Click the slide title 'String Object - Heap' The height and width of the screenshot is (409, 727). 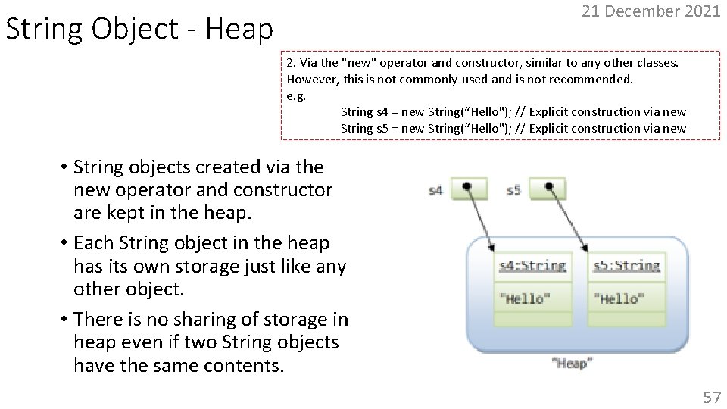[x=139, y=30]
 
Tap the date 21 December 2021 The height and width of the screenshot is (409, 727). [x=651, y=11]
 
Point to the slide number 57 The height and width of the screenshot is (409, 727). [x=711, y=396]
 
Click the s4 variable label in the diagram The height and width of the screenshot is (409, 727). [x=435, y=190]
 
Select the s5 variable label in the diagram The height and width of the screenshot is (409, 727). [x=514, y=190]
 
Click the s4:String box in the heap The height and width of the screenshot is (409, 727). [x=532, y=266]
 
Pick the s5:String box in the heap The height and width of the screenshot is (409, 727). [x=626, y=266]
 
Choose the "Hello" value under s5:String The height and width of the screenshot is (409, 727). [x=619, y=298]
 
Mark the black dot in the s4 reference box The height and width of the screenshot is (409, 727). [x=467, y=186]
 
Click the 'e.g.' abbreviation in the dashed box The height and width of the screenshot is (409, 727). [x=296, y=95]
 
